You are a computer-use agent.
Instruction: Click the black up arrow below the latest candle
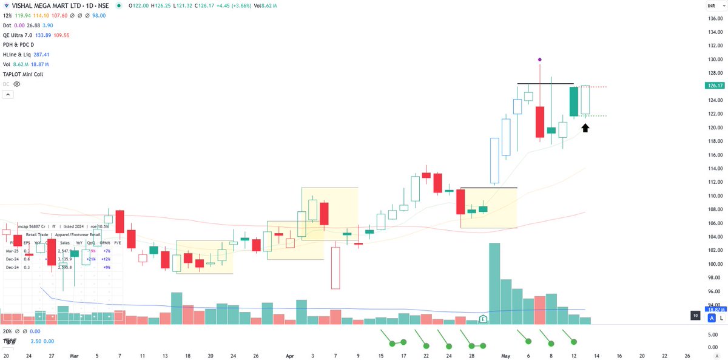tap(585, 127)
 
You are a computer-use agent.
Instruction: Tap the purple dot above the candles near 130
tap(539, 59)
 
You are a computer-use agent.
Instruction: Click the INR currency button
tap(710, 5)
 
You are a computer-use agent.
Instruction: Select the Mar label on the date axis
tap(74, 355)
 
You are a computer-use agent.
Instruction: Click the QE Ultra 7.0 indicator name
tap(18, 35)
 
